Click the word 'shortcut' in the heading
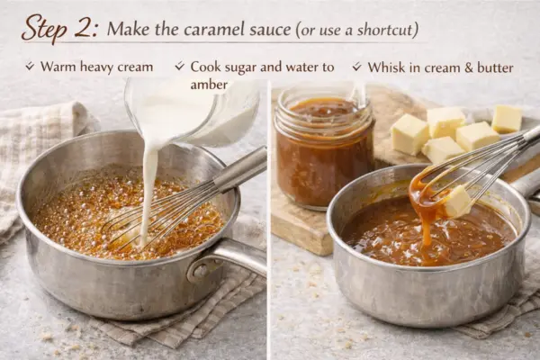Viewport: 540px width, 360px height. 384,30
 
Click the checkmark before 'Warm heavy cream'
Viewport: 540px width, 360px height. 30,67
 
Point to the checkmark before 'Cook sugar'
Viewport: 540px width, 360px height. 180,67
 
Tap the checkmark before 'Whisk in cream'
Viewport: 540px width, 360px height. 357,67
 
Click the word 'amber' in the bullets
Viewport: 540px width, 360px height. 209,85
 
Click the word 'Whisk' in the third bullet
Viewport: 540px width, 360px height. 386,67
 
